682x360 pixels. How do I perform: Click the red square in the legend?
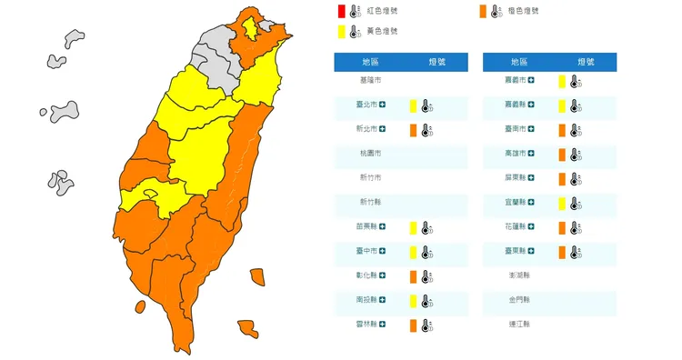coord(339,11)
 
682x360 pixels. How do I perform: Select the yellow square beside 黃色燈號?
coord(339,32)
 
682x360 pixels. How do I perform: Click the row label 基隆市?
coord(370,81)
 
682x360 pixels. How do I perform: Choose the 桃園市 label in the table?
coord(370,154)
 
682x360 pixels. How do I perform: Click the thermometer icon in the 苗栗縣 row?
coord(425,227)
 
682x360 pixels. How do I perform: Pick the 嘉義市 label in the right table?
coord(516,81)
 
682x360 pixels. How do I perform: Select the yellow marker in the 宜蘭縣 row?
coord(562,203)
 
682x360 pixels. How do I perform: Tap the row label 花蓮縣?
coord(516,227)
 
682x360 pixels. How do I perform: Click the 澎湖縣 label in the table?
coord(519,275)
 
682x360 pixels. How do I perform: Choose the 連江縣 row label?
coord(519,325)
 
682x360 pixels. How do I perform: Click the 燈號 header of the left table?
coord(436,62)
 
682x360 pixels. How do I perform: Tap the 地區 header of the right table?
coord(519,62)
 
